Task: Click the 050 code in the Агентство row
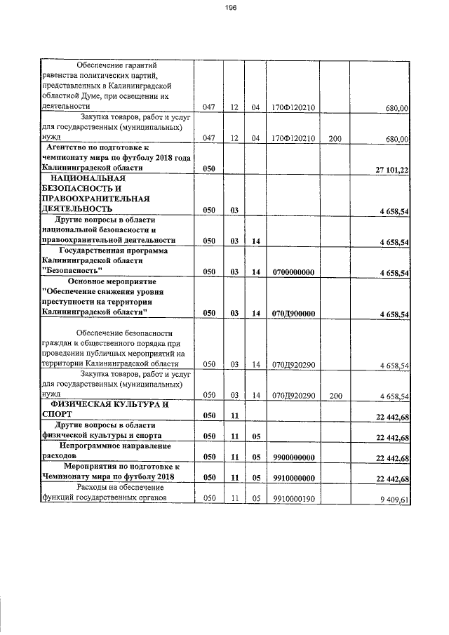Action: point(208,170)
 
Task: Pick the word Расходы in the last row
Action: point(95,488)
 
